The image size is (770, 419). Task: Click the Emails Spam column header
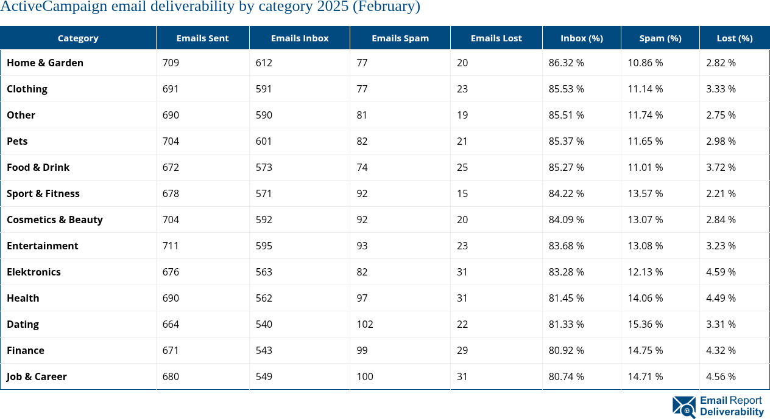[400, 38]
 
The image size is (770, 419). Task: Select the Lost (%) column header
[734, 38]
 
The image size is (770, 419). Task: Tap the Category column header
[78, 38]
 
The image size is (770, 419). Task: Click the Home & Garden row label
[45, 63]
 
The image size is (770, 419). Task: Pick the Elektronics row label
[34, 272]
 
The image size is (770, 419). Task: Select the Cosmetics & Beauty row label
[55, 220]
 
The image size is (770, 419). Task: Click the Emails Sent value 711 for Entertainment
[171, 246]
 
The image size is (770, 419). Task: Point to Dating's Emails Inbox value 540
[264, 324]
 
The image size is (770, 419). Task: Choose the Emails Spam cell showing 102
[364, 324]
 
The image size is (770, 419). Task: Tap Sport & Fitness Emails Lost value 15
[462, 193]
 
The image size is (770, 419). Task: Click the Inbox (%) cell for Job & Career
[566, 376]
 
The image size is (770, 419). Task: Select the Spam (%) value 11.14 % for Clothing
[645, 89]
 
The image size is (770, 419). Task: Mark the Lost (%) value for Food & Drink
[721, 167]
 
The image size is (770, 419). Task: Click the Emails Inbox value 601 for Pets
[264, 141]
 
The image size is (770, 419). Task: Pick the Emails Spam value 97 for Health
[362, 298]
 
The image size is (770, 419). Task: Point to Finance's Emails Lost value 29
[462, 350]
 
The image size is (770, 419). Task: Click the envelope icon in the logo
[683, 407]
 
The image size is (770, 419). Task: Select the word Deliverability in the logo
[732, 412]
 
